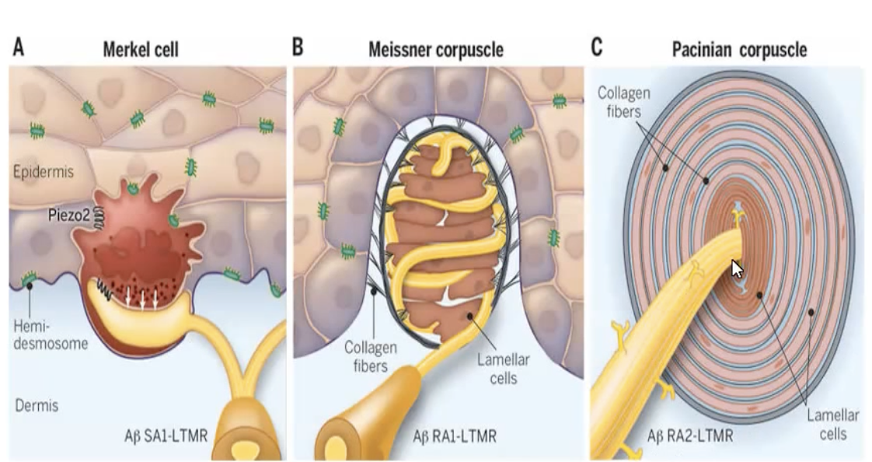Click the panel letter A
17,48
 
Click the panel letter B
298,48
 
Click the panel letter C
597,48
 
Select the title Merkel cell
141,51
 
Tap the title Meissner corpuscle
435,51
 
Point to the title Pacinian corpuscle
739,51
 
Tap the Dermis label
37,405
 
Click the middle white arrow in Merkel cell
143,297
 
